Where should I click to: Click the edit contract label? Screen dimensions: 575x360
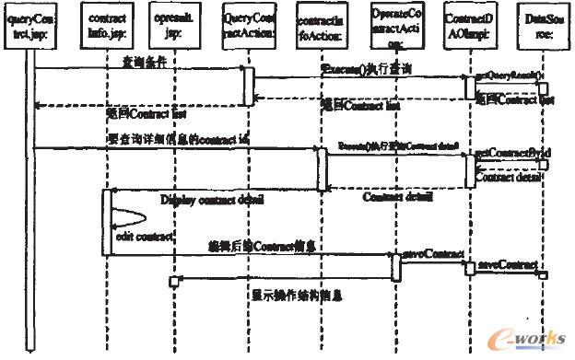[137, 237]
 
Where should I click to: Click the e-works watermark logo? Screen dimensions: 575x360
[530, 336]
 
